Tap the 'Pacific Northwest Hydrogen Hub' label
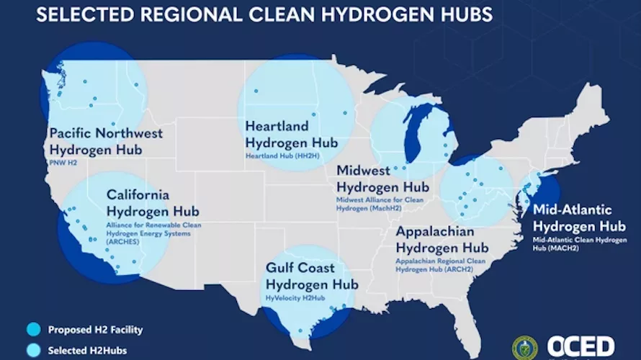pyautogui.click(x=106, y=142)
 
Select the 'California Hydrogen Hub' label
pyautogui.click(x=153, y=203)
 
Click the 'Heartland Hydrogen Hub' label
pyautogui.click(x=291, y=134)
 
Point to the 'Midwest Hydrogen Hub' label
pyautogui.click(x=382, y=179)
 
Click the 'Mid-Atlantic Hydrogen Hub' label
pyautogui.click(x=573, y=218)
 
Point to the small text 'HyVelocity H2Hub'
pyautogui.click(x=293, y=297)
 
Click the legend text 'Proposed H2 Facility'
pyautogui.click(x=95, y=330)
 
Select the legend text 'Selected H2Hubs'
pyautogui.click(x=85, y=351)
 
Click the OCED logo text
pyautogui.click(x=580, y=346)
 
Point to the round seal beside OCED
pyautogui.click(x=524, y=348)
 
